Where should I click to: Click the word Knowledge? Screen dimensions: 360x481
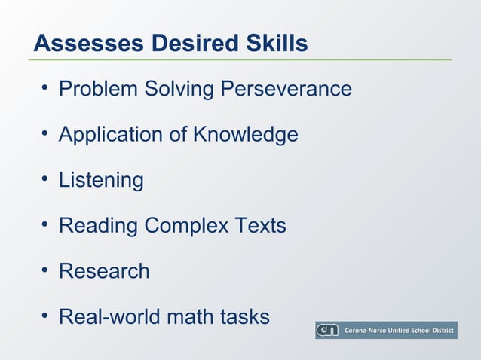tap(245, 135)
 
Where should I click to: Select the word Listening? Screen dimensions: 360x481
tap(101, 180)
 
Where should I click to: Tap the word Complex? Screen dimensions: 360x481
tap(185, 226)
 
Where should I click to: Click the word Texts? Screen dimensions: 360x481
tap(259, 225)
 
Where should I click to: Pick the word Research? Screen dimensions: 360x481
tap(104, 270)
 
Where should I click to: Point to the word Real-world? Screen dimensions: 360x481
tap(109, 316)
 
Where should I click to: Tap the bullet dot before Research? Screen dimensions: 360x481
tap(45, 270)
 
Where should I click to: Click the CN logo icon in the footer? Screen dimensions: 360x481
tap(328, 330)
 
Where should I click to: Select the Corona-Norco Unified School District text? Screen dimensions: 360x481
tap(399, 331)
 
